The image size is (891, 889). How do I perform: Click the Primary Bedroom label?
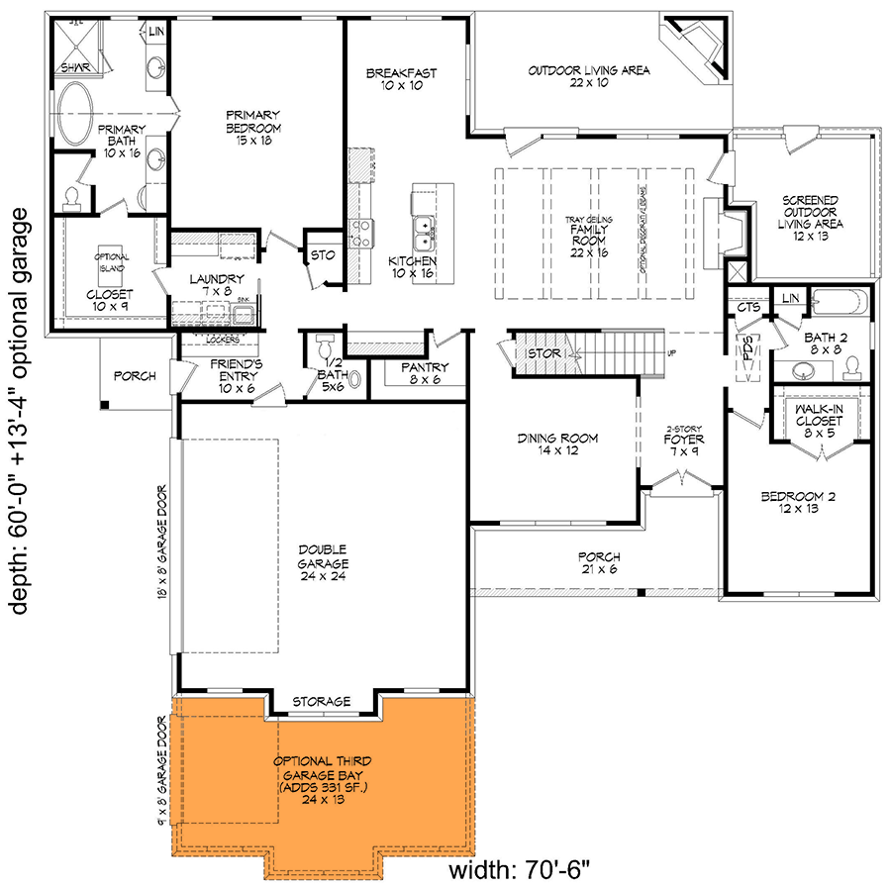[253, 127]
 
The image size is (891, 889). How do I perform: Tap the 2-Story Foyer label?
[682, 439]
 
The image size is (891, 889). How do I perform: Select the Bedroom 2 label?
[797, 502]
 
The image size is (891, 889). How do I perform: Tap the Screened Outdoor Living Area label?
[809, 212]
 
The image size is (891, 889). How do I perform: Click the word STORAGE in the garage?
[321, 702]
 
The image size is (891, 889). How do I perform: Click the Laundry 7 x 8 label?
[216, 285]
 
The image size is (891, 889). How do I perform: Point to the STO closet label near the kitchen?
[323, 255]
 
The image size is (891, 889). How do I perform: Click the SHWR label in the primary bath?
[75, 67]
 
